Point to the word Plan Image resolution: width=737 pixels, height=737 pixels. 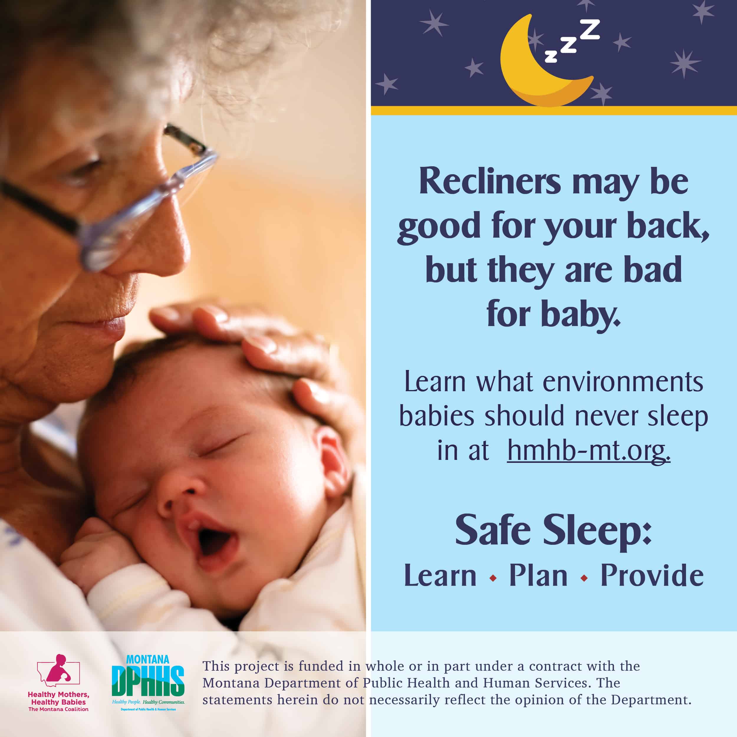point(538,575)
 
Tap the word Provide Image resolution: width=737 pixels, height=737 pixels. point(652,575)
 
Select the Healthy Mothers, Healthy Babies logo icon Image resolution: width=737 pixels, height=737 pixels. point(58,671)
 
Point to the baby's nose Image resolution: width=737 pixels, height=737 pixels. point(179,496)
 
